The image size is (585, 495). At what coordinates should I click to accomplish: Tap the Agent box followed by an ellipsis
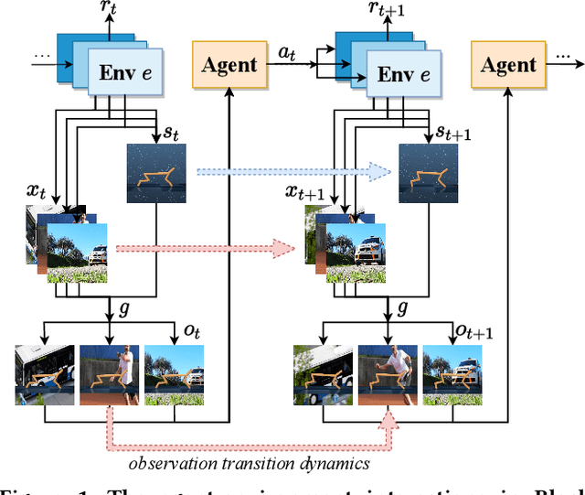(509, 65)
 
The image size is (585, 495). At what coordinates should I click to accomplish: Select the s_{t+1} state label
(454, 135)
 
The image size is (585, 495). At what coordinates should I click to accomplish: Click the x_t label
(37, 193)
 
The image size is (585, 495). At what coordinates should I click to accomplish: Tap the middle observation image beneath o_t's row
(110, 375)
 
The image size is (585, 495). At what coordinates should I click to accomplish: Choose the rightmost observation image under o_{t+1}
(452, 375)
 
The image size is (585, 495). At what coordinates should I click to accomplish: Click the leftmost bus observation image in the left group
(44, 375)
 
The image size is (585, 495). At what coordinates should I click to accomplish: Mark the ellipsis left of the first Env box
(41, 56)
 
